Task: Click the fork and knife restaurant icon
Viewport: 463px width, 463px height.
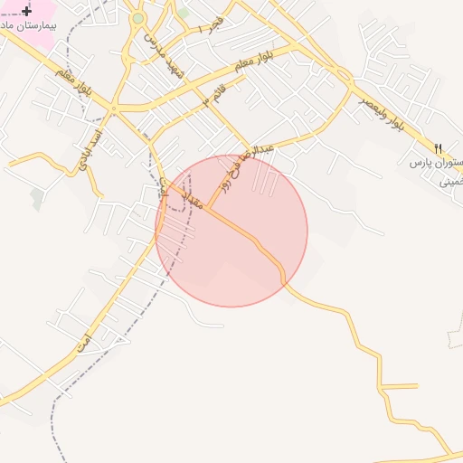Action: point(439,147)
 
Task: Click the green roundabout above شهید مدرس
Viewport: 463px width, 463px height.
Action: point(137,18)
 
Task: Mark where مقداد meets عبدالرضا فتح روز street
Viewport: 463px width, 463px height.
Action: point(207,207)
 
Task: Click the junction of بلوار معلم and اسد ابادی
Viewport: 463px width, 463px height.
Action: point(114,109)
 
